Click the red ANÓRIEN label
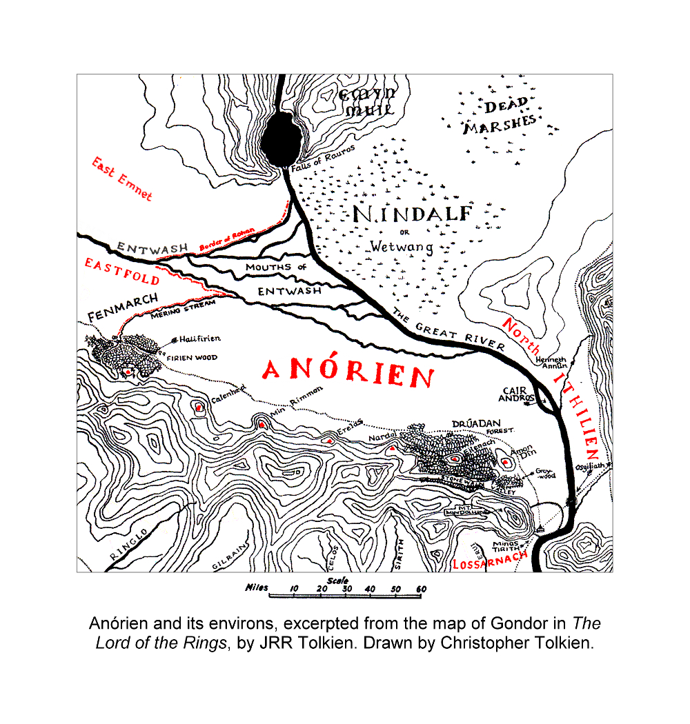[348, 373]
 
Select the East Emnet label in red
[122, 178]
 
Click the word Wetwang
[401, 246]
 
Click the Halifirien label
[200, 339]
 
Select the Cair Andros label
[519, 394]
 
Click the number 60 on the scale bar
[422, 589]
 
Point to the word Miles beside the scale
[256, 587]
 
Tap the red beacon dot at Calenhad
[199, 408]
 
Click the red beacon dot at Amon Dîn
[505, 462]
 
